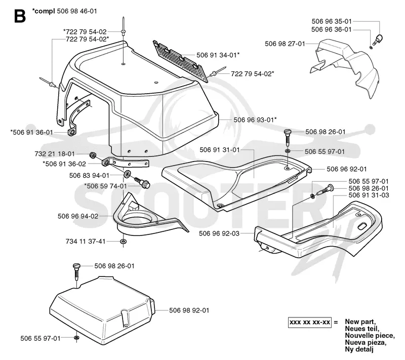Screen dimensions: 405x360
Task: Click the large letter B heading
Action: click(x=20, y=16)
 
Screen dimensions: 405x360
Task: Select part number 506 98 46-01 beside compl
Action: click(x=77, y=11)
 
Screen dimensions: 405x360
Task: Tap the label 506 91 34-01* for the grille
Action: click(x=218, y=55)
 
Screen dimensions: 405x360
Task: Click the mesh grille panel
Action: click(x=181, y=61)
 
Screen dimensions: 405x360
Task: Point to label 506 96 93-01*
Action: click(x=255, y=120)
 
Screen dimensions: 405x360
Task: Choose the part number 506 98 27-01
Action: click(x=285, y=44)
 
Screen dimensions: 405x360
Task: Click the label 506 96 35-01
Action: click(x=332, y=21)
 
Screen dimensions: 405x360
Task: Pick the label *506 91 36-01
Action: click(x=31, y=132)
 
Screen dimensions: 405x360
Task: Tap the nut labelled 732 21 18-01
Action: click(x=93, y=155)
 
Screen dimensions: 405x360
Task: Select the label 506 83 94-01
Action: click(x=90, y=176)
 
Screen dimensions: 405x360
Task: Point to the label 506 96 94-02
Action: click(x=78, y=216)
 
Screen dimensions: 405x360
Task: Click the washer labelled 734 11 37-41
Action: click(x=123, y=242)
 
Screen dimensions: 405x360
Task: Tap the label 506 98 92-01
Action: click(x=189, y=310)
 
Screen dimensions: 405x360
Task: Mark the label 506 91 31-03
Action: click(x=369, y=195)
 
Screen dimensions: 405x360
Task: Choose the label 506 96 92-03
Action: click(x=219, y=233)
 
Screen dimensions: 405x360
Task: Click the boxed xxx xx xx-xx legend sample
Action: click(x=310, y=323)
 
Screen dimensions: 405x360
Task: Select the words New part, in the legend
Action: click(x=360, y=322)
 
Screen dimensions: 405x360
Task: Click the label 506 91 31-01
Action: click(x=220, y=150)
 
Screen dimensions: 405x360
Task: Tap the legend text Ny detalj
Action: click(x=359, y=350)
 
